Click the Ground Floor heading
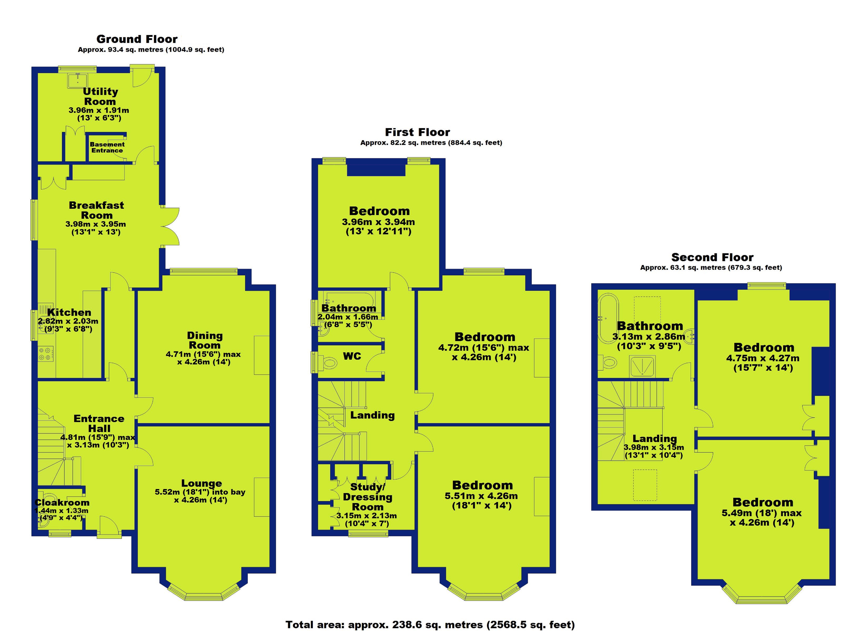[x=137, y=39]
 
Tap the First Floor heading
[x=417, y=132]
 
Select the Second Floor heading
[x=712, y=257]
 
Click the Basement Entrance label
[x=107, y=147]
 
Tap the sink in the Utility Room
[x=78, y=80]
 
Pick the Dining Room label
[x=205, y=340]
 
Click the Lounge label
[x=202, y=483]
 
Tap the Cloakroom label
[x=62, y=502]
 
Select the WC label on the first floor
[x=352, y=356]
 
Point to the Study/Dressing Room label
[x=367, y=497]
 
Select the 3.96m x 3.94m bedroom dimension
[x=378, y=222]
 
